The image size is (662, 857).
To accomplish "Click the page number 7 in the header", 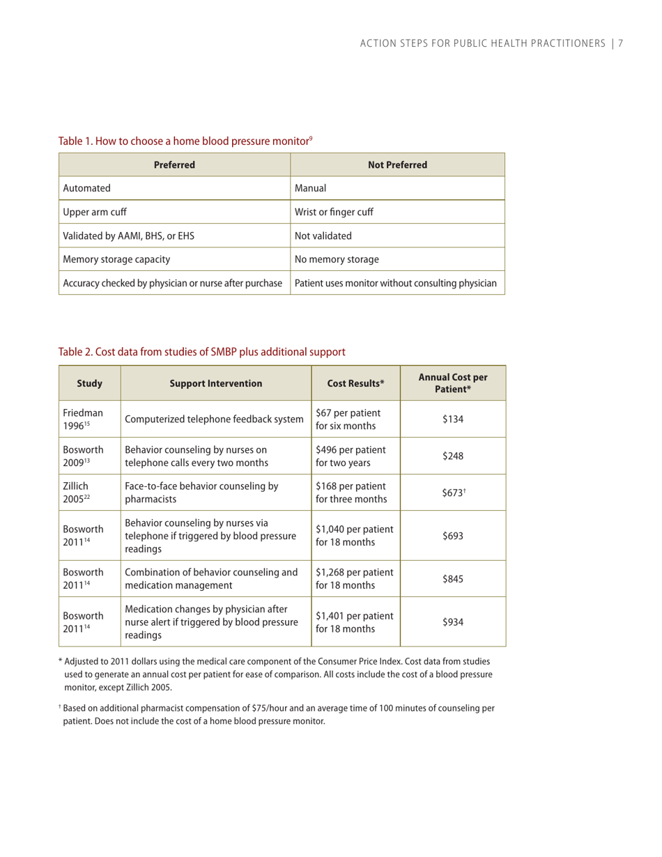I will tap(619, 44).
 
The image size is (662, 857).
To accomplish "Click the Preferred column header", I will tap(174, 165).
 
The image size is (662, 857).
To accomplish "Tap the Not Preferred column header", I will tap(397, 165).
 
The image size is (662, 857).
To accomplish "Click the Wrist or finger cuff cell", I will tap(334, 212).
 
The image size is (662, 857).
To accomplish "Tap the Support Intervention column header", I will tap(215, 383).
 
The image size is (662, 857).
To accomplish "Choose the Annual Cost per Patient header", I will tap(453, 383).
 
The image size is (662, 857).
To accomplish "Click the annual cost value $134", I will tap(453, 418).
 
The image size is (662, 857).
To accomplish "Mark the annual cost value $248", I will tap(453, 455).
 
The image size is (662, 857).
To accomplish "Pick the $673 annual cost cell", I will tap(453, 492).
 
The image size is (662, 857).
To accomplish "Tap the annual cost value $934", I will tap(453, 621).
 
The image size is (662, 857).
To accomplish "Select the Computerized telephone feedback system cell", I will tap(214, 418).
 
